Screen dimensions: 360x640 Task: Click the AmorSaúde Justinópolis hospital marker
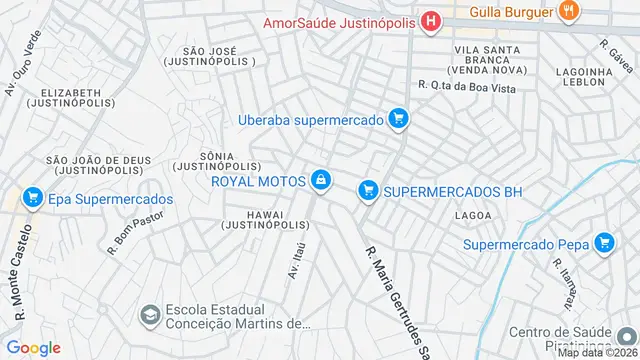pos(431,22)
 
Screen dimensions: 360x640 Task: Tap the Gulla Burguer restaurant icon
pos(569,12)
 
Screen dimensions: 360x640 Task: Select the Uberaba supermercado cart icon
pos(399,120)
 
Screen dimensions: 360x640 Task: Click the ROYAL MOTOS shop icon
pos(321,180)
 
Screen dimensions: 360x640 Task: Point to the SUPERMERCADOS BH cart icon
pos(369,189)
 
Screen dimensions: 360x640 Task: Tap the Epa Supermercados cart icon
pos(32,199)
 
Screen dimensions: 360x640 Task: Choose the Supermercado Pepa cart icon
pos(603,243)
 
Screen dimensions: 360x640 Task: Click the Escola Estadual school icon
pos(150,315)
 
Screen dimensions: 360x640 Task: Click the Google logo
pos(33,347)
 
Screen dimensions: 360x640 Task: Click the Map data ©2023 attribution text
pos(595,352)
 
